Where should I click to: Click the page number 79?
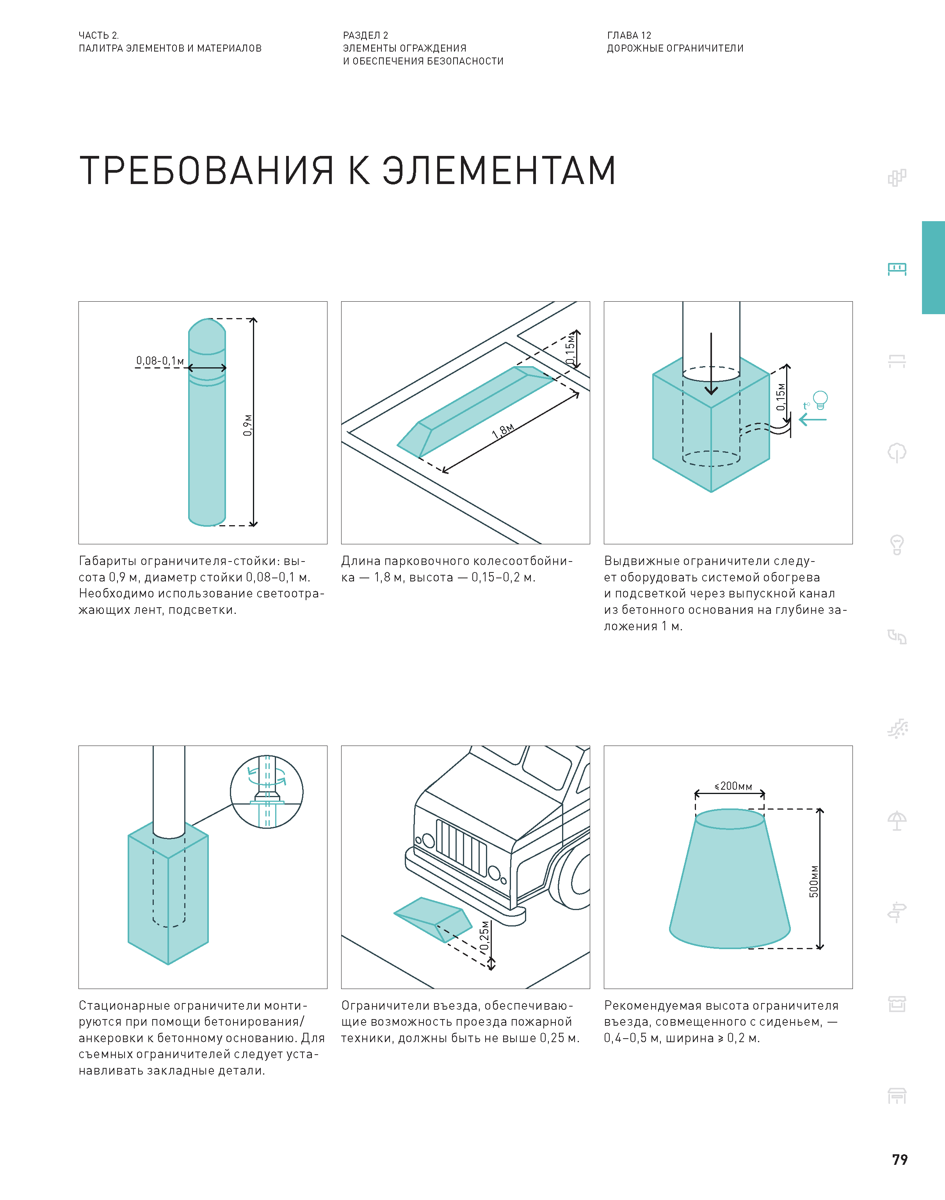(x=900, y=1160)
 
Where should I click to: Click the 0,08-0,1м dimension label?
(x=160, y=361)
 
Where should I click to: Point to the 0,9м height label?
(x=247, y=425)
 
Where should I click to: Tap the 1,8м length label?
(x=503, y=431)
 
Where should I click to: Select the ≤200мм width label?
(x=733, y=786)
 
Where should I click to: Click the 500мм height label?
(x=813, y=880)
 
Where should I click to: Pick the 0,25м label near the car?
(x=485, y=935)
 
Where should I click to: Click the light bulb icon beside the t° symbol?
(x=820, y=399)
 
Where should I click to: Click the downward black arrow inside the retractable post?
(x=712, y=365)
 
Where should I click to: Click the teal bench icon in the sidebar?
(x=897, y=269)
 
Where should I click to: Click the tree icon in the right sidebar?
(x=897, y=452)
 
